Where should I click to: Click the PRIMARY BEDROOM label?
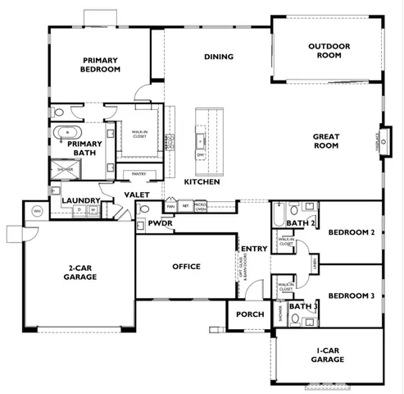click(x=101, y=65)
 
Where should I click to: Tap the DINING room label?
click(x=219, y=57)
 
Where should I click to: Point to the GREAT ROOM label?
click(x=325, y=140)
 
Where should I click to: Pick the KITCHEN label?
click(x=202, y=181)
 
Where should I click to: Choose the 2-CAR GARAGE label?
click(x=79, y=273)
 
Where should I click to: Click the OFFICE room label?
click(x=186, y=267)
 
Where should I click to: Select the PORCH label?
click(x=249, y=314)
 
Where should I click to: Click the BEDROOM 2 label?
click(x=351, y=233)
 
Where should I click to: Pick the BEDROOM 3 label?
click(x=351, y=295)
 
